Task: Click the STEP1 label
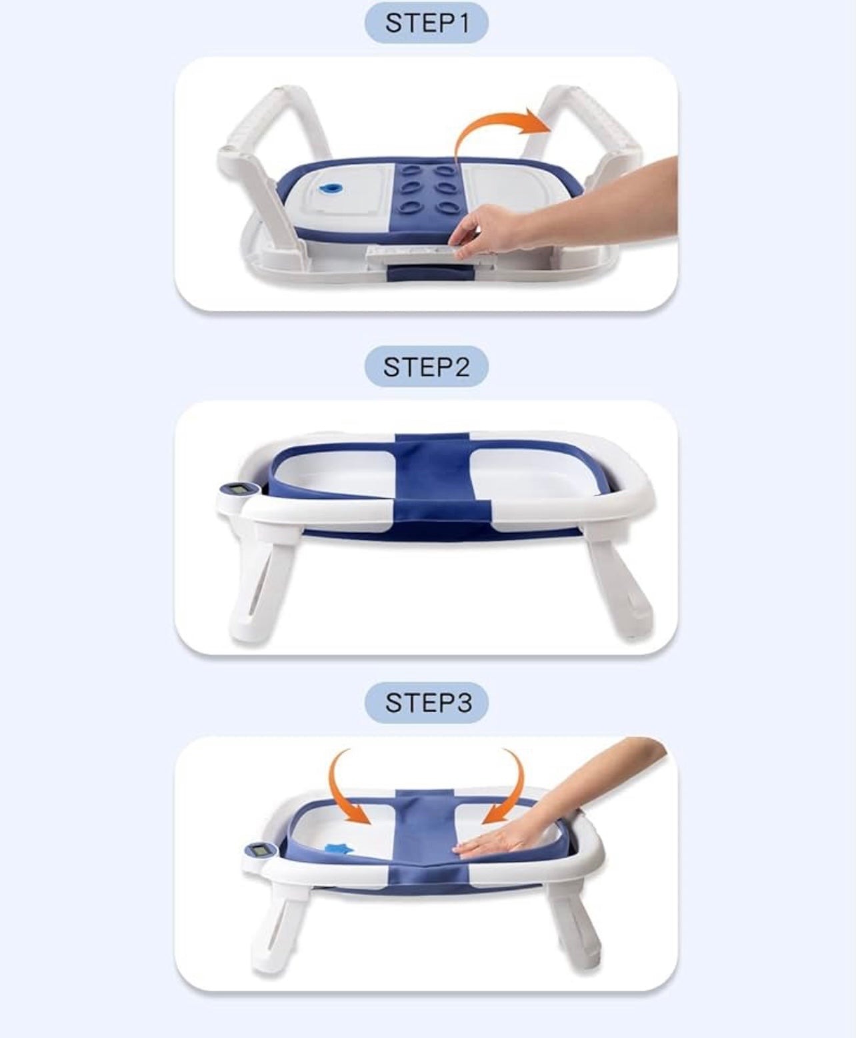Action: click(x=427, y=23)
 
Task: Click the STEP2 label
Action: click(x=427, y=366)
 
